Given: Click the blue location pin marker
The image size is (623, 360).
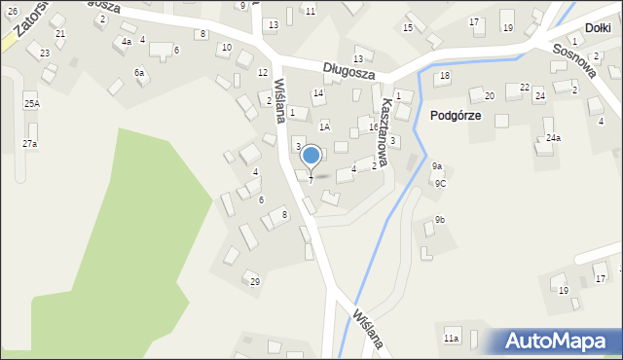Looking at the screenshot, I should coord(311,156).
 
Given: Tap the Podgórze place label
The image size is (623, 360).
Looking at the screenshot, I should coord(454,115).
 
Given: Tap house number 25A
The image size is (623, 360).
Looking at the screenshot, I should coord(32,103).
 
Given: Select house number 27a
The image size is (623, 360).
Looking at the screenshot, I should coord(30,144).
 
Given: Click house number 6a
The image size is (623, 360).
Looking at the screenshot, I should coord(139,73).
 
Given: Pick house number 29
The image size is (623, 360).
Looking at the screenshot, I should coord(255,282).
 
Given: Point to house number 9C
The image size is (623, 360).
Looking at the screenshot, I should coord(440,183).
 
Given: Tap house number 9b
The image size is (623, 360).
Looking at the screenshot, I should coord(440,220).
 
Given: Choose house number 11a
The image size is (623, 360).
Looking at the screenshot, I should coord(451,338).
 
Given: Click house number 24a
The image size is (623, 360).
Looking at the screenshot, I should coord(553,138).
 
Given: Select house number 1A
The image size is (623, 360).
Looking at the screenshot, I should coord(325,126).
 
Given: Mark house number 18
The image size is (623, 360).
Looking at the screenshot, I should coord(445,76).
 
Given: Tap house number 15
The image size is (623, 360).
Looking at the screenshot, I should coord(408,27).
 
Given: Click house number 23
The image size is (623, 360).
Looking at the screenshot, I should coord(45,53).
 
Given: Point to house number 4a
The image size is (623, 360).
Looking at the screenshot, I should coord(127,42).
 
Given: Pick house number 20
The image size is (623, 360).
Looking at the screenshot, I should coord(490,95).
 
